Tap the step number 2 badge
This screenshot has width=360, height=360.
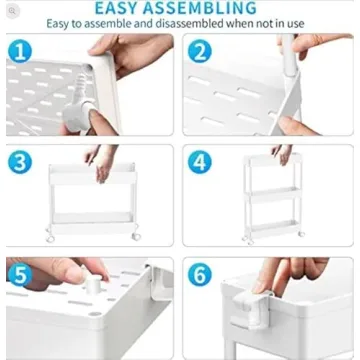click(200, 52)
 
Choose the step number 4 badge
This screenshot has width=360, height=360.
click(200, 162)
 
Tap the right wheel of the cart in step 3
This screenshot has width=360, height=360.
click(136, 235)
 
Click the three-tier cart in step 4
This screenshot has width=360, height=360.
click(271, 206)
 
